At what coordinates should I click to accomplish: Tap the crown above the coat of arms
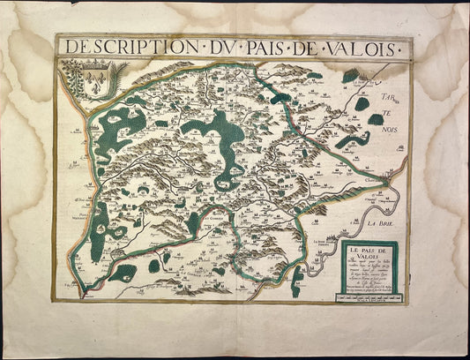coord(88,64)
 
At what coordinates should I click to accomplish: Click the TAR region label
coord(388,94)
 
